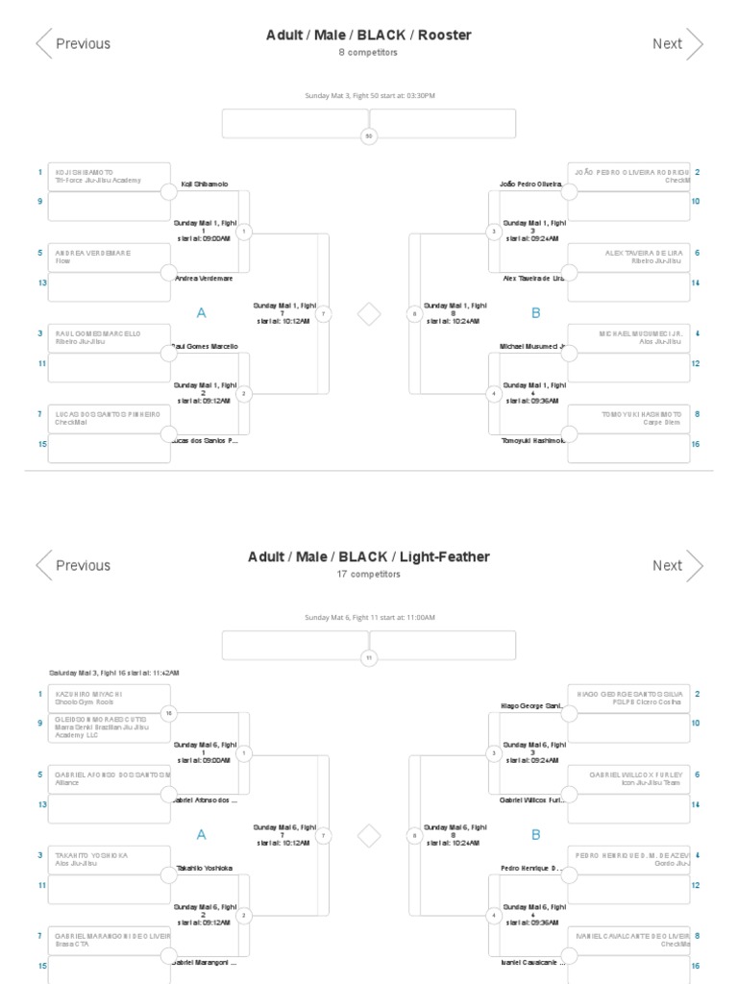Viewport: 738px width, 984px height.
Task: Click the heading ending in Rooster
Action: click(x=369, y=36)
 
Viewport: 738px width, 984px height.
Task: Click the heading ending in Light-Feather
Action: click(x=369, y=557)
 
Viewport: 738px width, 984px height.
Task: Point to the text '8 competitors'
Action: click(x=368, y=53)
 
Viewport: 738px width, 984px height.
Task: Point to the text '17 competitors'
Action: click(x=368, y=575)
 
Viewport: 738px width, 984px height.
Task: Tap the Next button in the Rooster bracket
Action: click(x=677, y=43)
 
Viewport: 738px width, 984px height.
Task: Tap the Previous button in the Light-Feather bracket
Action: click(x=74, y=565)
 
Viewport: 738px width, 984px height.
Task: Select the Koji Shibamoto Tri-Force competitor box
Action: click(x=110, y=177)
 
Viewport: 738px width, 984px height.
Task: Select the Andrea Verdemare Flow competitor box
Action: click(x=110, y=258)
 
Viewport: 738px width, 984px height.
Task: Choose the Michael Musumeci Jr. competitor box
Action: click(x=628, y=337)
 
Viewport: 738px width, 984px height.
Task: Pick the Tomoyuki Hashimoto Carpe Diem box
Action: click(x=628, y=418)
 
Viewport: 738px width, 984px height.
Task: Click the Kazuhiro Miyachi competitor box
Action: click(x=110, y=698)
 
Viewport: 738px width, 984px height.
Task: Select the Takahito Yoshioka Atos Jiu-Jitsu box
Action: click(x=110, y=859)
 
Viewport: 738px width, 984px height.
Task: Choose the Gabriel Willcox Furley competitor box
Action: click(x=628, y=778)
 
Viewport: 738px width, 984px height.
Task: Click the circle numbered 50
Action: click(x=369, y=137)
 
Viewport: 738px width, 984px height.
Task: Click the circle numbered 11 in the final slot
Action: click(x=369, y=658)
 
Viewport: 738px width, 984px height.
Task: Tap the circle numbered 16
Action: click(x=169, y=713)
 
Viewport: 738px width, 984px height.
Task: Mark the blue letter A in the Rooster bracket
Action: click(x=201, y=313)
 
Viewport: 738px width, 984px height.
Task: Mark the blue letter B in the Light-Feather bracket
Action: click(x=536, y=835)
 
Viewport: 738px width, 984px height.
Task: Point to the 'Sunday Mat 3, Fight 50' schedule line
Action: click(x=369, y=96)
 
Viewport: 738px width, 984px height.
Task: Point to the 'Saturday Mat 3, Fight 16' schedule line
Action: click(x=114, y=673)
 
